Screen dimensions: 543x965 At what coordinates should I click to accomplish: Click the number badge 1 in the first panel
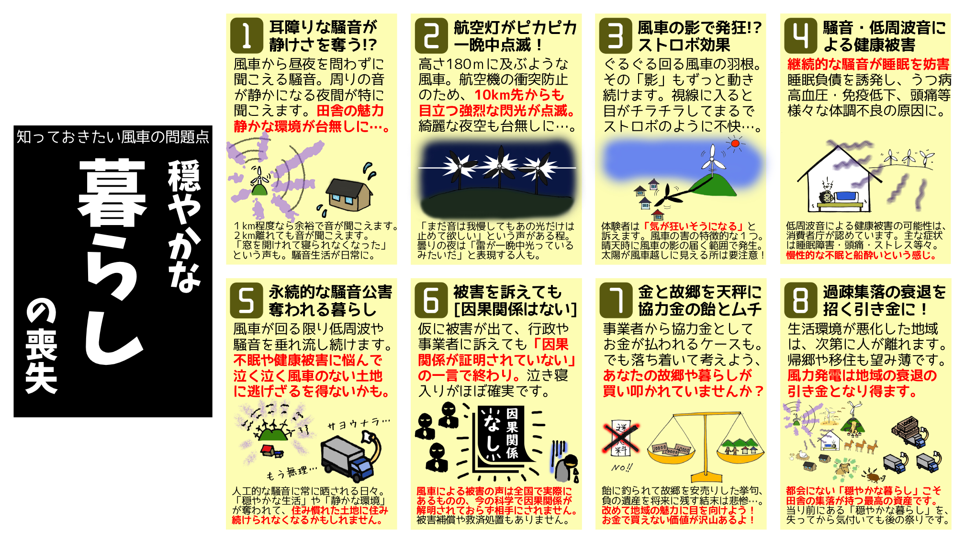tap(247, 36)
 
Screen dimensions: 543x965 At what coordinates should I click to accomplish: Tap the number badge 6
tap(431, 301)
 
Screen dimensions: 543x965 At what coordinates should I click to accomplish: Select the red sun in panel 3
tap(735, 143)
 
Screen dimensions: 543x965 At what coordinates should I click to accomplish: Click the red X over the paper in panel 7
tap(621, 438)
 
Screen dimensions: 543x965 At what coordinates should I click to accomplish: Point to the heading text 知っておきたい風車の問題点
tap(113, 137)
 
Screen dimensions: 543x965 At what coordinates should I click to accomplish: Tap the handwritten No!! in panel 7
tap(622, 467)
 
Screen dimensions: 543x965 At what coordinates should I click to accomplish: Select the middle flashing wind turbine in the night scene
tap(499, 167)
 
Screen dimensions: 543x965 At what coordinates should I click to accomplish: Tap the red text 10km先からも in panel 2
tap(519, 95)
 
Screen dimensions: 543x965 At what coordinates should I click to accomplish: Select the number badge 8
tap(800, 301)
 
